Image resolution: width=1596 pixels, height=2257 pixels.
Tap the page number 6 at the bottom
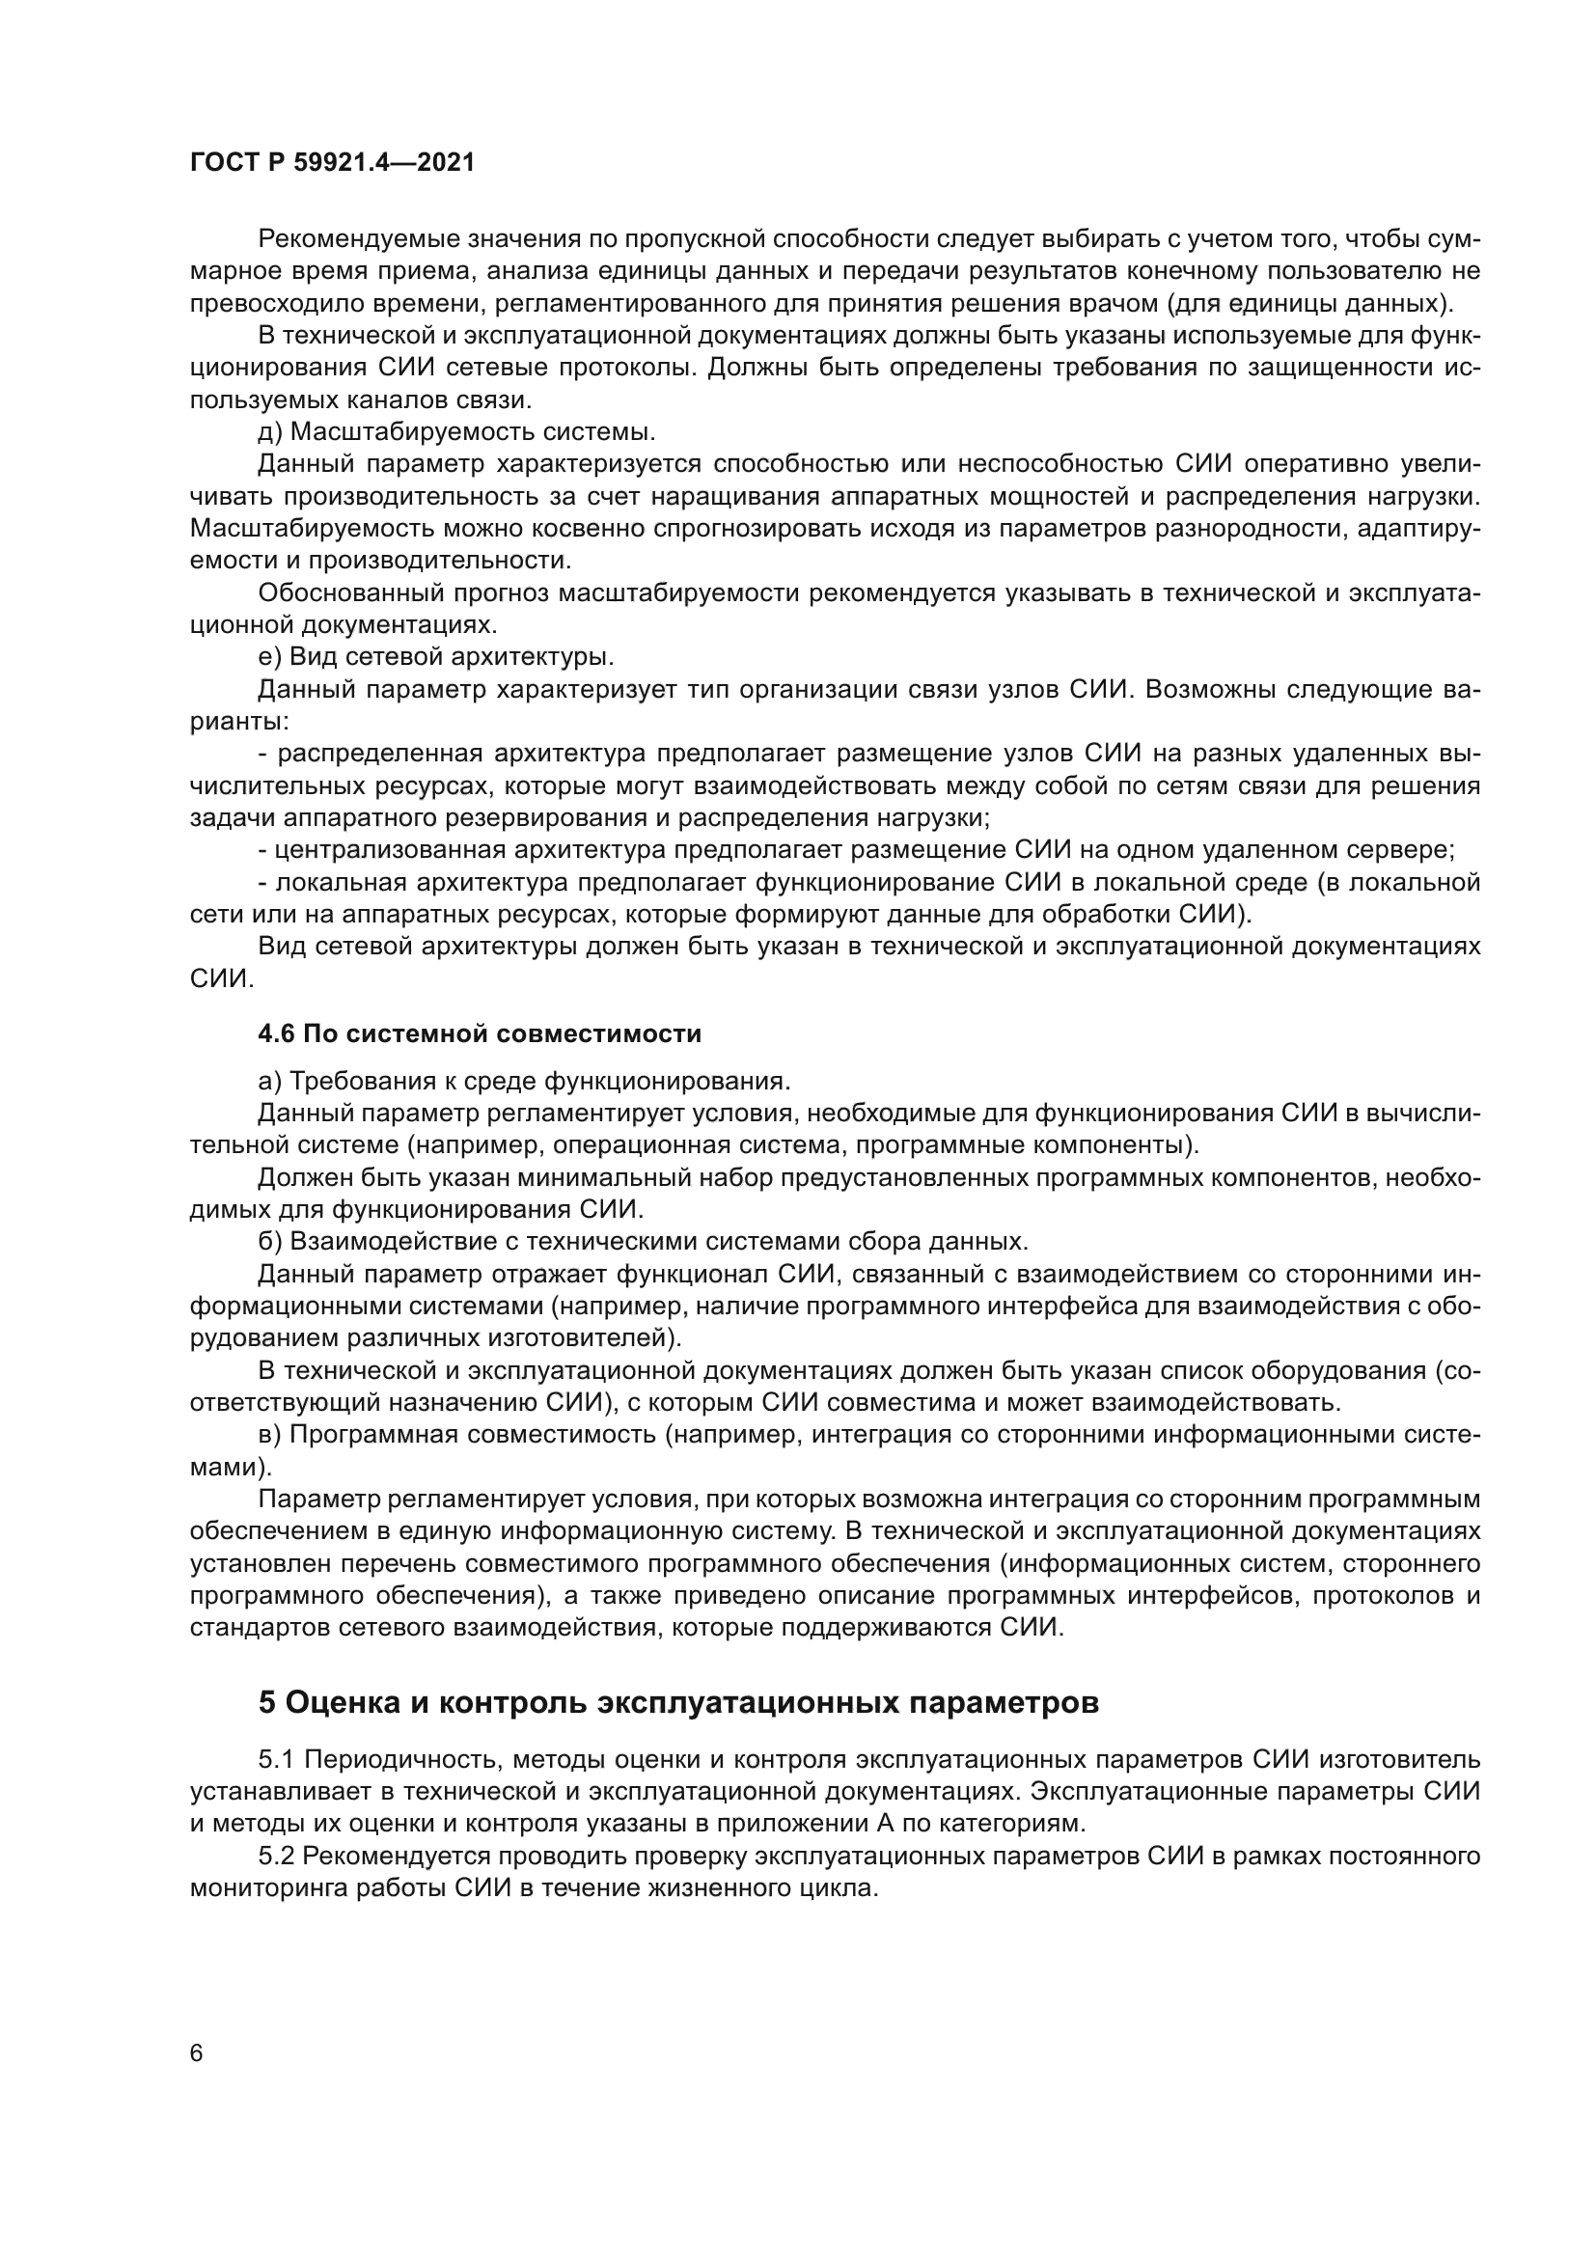coord(197,2053)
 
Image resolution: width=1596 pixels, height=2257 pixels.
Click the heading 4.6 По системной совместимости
coord(480,1033)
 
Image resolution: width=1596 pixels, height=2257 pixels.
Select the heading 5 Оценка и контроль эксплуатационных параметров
coord(678,1701)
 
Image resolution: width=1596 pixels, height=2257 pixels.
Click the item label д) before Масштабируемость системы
coord(270,432)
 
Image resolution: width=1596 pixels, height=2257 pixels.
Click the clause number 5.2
coord(276,1855)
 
